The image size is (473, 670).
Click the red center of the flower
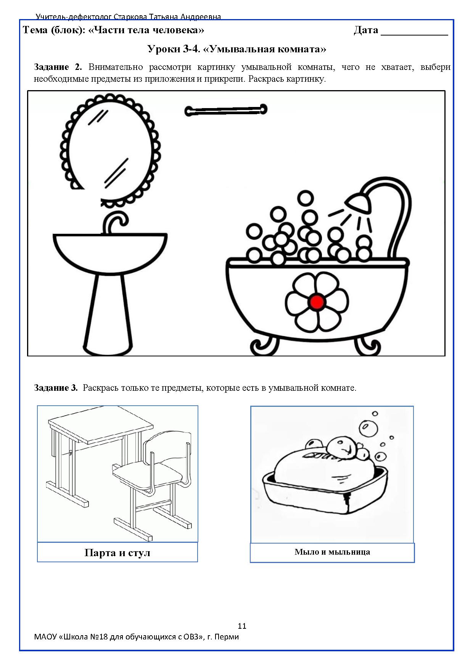[x=317, y=302]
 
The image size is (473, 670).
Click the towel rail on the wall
[x=226, y=110]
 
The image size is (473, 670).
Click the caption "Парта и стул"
[x=117, y=553]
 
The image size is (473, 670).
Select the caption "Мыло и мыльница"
[x=332, y=552]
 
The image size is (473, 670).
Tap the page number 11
[x=242, y=626]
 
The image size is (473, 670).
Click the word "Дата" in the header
[x=366, y=30]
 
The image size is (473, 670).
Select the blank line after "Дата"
[x=414, y=35]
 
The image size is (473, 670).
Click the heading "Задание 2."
[x=58, y=67]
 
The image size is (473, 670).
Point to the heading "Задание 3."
[x=56, y=388]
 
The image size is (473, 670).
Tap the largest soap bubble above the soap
[x=368, y=428]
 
